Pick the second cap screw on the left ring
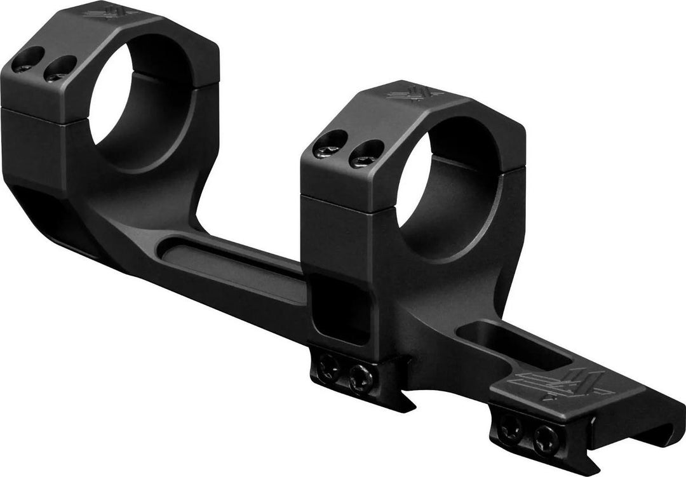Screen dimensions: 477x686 point(59,69)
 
